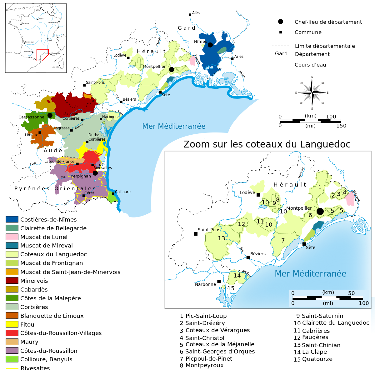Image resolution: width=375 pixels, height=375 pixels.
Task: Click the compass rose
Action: (312, 93)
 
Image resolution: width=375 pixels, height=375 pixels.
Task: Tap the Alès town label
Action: (196, 13)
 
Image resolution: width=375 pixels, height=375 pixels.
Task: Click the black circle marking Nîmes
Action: (210, 45)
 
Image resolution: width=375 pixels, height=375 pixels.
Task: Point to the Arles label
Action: (239, 57)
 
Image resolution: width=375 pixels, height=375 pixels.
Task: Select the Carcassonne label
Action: (31, 117)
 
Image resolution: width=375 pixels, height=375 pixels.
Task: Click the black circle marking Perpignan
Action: (95, 173)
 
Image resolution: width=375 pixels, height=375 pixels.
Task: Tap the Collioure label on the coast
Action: (123, 192)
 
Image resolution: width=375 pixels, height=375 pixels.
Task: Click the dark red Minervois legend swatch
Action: (12, 281)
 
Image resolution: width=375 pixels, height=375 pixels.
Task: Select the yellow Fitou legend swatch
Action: (12, 324)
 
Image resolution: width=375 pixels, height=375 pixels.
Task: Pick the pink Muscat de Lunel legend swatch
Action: (12, 237)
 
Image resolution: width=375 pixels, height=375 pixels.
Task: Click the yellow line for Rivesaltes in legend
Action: (12, 368)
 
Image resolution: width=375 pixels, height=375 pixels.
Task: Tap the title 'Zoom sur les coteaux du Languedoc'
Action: (267, 144)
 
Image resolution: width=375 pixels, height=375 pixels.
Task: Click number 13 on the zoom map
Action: (221, 238)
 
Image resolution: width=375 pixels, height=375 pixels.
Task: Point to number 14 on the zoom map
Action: (237, 275)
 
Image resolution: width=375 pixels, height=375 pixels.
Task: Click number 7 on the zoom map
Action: (283, 240)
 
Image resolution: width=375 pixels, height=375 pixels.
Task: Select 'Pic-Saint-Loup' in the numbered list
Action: (206, 316)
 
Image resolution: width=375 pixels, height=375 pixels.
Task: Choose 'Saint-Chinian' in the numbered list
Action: (321, 345)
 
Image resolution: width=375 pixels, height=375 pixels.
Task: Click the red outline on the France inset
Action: (42, 55)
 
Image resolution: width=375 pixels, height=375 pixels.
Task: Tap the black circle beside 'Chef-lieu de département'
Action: (281, 22)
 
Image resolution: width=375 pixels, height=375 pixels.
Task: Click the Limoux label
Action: (31, 135)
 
